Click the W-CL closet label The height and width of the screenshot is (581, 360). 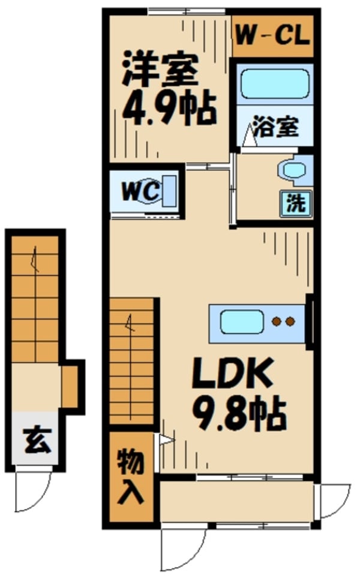[x=272, y=35]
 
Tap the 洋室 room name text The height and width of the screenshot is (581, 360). [x=160, y=71]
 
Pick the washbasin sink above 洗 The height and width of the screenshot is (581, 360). [x=294, y=170]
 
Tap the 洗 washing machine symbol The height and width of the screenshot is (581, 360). [x=295, y=203]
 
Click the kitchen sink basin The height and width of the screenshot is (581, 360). [x=241, y=322]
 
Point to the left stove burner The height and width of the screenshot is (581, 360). [x=277, y=322]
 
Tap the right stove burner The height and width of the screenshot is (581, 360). [x=291, y=322]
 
